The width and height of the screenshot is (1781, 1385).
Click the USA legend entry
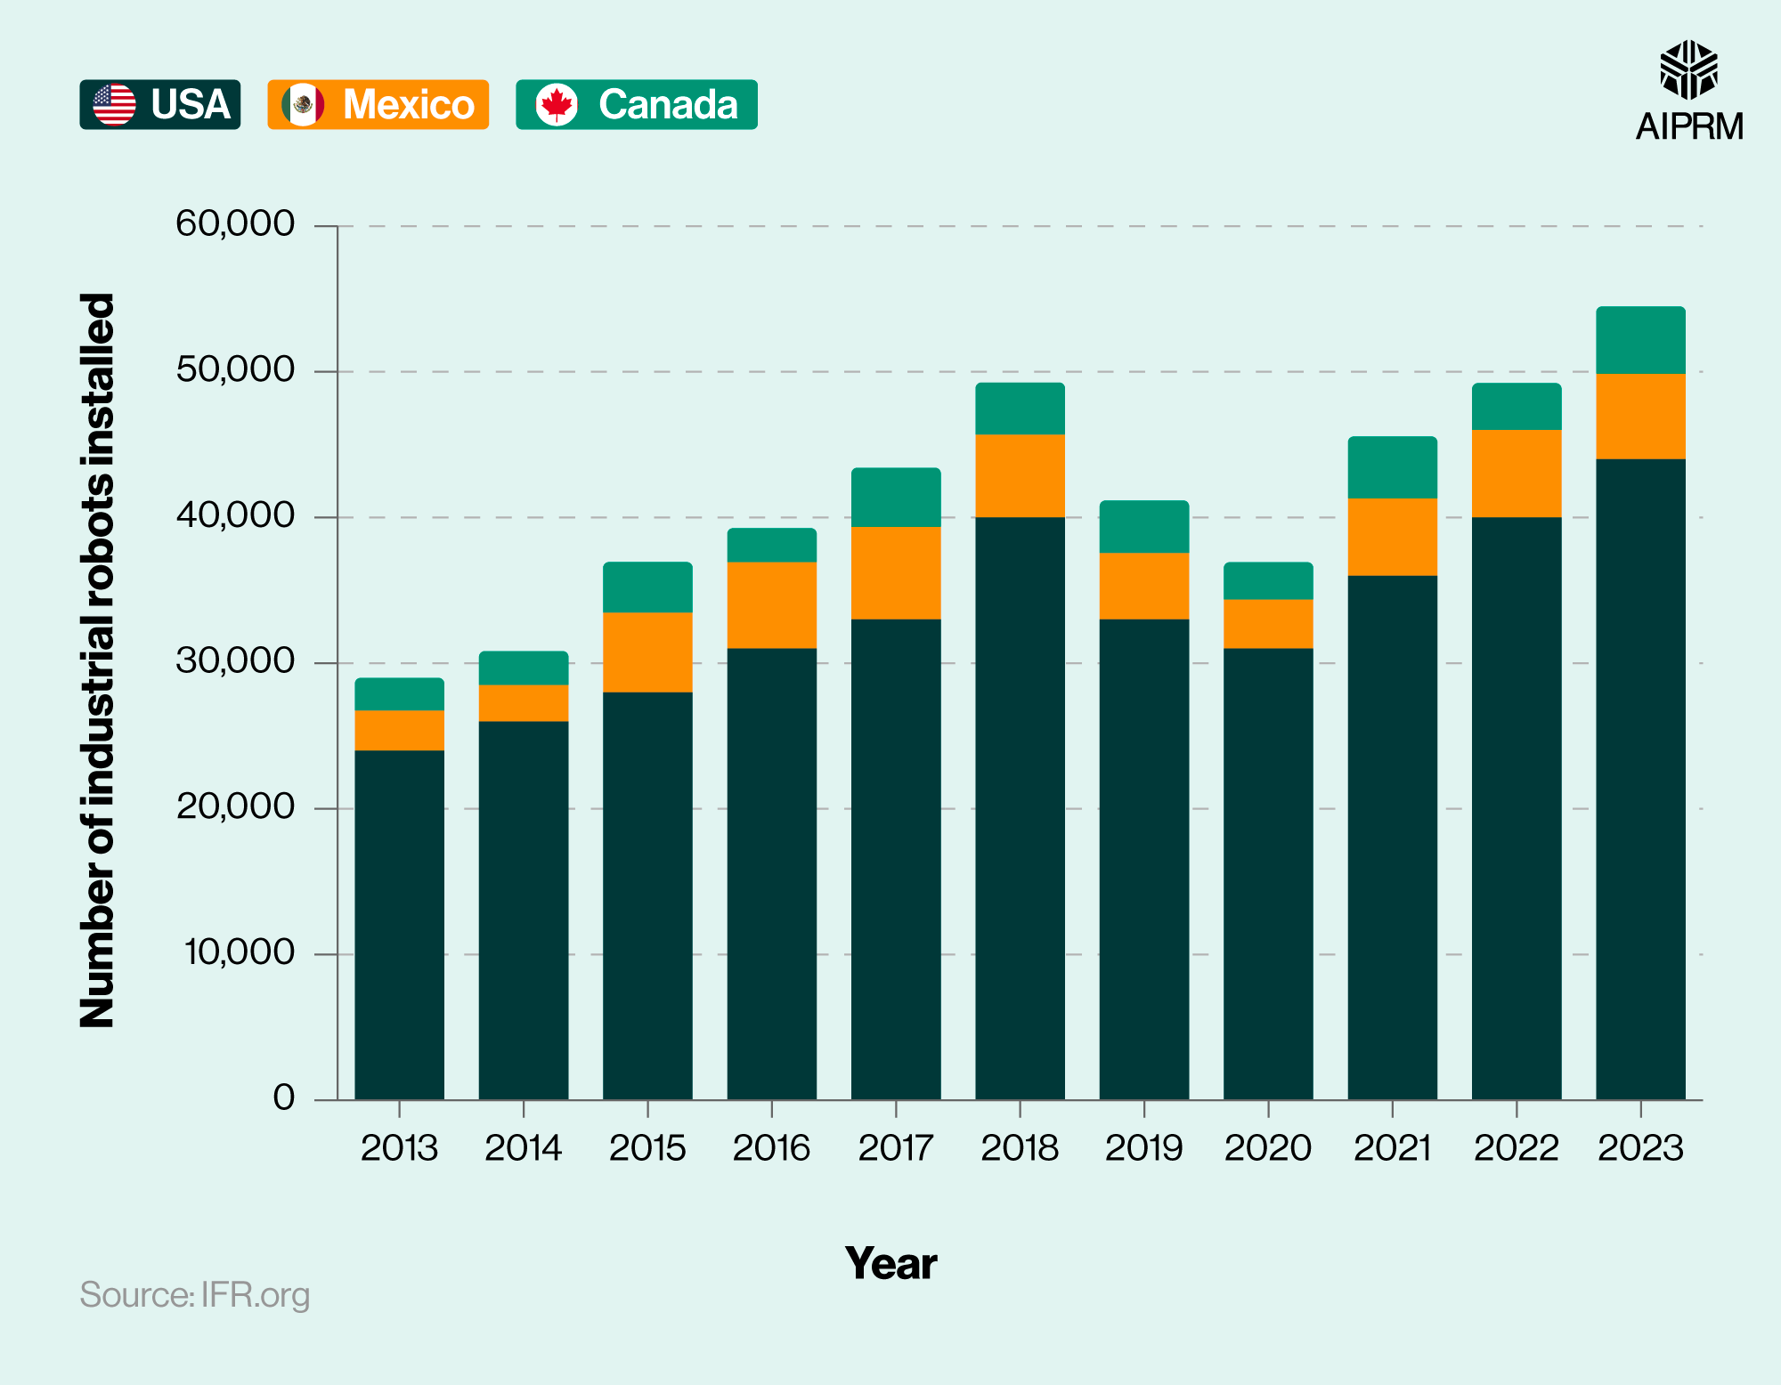(x=160, y=105)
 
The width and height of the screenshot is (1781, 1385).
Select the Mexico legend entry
(x=378, y=105)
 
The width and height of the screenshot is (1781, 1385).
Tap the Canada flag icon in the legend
(x=557, y=105)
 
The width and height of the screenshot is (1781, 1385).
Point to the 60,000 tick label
(x=235, y=223)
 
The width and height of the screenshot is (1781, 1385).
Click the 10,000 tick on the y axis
(x=239, y=952)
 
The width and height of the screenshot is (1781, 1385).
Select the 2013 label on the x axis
(x=399, y=1148)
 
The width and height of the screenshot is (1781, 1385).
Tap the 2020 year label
(x=1268, y=1148)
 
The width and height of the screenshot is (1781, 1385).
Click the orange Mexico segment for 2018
(x=1020, y=475)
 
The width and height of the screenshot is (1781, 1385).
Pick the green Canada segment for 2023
(x=1640, y=340)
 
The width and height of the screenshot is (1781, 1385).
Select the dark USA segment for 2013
(x=399, y=926)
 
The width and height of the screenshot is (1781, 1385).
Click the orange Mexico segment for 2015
(x=647, y=652)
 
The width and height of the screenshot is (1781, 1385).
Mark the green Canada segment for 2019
(x=1143, y=527)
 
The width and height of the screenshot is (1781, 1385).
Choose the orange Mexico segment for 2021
(x=1392, y=537)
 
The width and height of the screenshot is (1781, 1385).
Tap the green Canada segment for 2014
(x=524, y=668)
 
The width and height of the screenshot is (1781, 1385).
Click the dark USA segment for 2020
(x=1268, y=872)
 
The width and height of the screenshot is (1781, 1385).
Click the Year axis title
(x=890, y=1264)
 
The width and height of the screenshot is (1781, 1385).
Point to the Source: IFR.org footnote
(x=195, y=1295)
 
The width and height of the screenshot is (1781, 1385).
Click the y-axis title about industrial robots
(x=98, y=660)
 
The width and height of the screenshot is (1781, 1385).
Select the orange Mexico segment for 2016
(x=771, y=605)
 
